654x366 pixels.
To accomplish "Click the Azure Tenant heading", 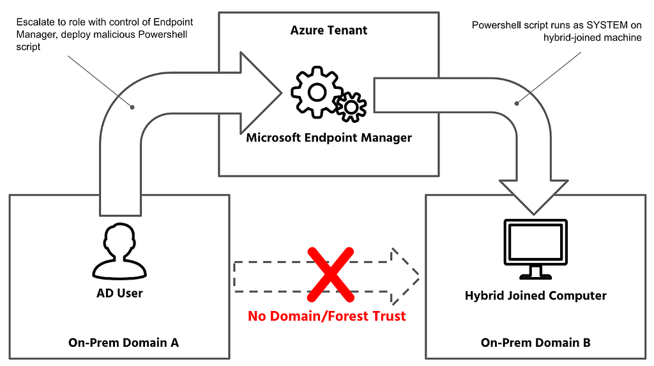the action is [x=329, y=30].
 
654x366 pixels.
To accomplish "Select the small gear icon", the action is [x=351, y=107].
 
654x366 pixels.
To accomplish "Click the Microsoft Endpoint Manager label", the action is [x=329, y=138].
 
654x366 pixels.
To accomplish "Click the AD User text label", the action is [x=119, y=293].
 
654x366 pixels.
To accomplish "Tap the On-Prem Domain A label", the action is [x=123, y=342].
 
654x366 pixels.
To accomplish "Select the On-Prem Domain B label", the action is [x=536, y=342].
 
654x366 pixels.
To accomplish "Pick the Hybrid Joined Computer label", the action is [x=536, y=296].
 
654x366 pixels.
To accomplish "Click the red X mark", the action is [x=330, y=274].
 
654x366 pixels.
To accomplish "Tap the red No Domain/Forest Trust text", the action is [x=326, y=316].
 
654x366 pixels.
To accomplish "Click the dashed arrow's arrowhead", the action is [x=404, y=276].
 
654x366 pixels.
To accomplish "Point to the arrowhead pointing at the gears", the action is [x=261, y=93].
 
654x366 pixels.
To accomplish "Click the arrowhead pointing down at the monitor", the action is [x=533, y=196].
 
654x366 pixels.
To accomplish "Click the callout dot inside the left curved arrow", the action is [x=132, y=107].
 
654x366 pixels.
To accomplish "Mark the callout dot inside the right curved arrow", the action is [x=517, y=103].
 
